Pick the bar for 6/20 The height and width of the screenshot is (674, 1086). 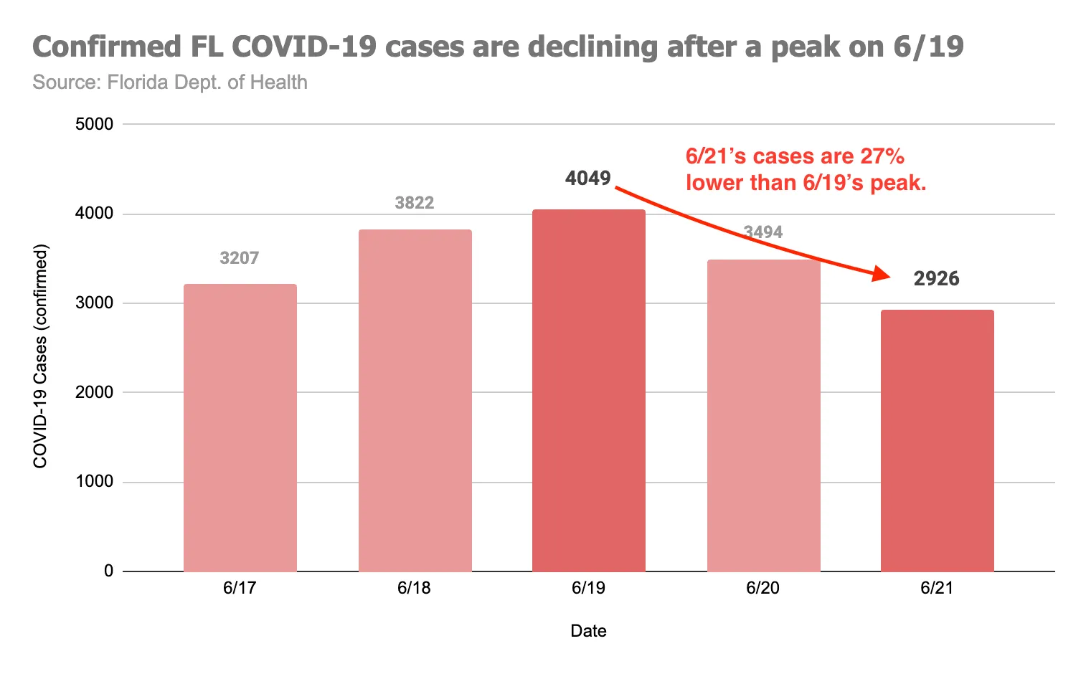[763, 415]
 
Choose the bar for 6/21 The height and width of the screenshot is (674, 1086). [937, 440]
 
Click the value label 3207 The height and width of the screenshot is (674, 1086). [239, 258]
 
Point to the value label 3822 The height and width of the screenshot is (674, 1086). [415, 203]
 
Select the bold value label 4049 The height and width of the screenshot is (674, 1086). [587, 179]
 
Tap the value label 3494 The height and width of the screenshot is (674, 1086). [763, 232]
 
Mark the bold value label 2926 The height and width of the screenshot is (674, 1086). [936, 279]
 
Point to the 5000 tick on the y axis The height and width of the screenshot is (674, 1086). [94, 124]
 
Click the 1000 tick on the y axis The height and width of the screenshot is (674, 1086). [94, 482]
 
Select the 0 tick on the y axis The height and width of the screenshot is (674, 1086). [108, 571]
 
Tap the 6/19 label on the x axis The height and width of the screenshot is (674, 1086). [588, 588]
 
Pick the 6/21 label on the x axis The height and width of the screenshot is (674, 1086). [937, 588]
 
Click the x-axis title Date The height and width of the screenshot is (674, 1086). [588, 631]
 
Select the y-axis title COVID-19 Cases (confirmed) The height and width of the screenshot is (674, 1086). [40, 356]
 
